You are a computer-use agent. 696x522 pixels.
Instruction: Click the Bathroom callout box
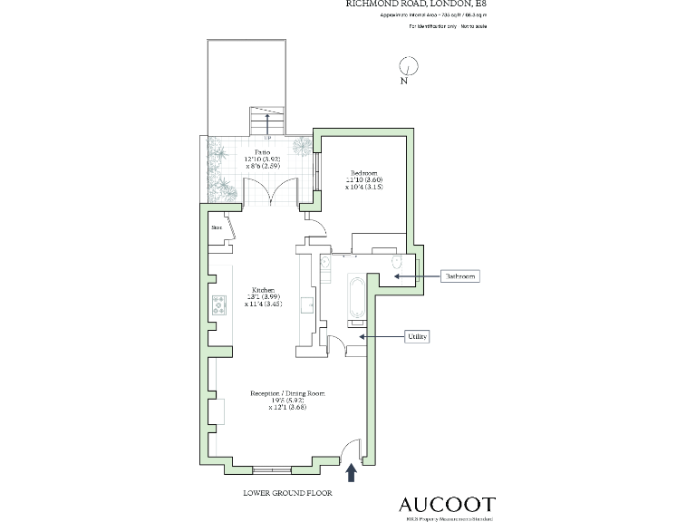tap(459, 275)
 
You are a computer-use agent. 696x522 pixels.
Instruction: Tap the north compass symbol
tap(409, 67)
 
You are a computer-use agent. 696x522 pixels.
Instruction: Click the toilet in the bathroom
tap(396, 263)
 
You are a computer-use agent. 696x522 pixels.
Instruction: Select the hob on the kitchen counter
tap(218, 305)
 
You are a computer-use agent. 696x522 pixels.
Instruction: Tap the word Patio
tap(262, 153)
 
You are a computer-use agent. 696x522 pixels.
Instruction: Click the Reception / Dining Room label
tap(286, 394)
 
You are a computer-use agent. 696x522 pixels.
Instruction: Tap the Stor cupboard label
tap(217, 227)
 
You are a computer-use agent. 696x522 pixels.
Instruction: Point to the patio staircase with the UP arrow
tap(266, 121)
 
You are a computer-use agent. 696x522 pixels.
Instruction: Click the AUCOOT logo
tap(448, 503)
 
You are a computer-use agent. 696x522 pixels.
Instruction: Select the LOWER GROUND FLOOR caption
tap(287, 494)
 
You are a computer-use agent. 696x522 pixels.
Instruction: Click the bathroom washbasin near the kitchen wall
tap(324, 264)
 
